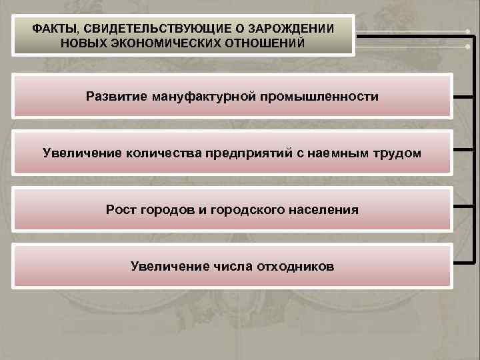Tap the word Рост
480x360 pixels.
tap(120, 210)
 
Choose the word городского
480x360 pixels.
tap(249, 210)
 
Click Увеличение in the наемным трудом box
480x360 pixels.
tap(75, 153)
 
